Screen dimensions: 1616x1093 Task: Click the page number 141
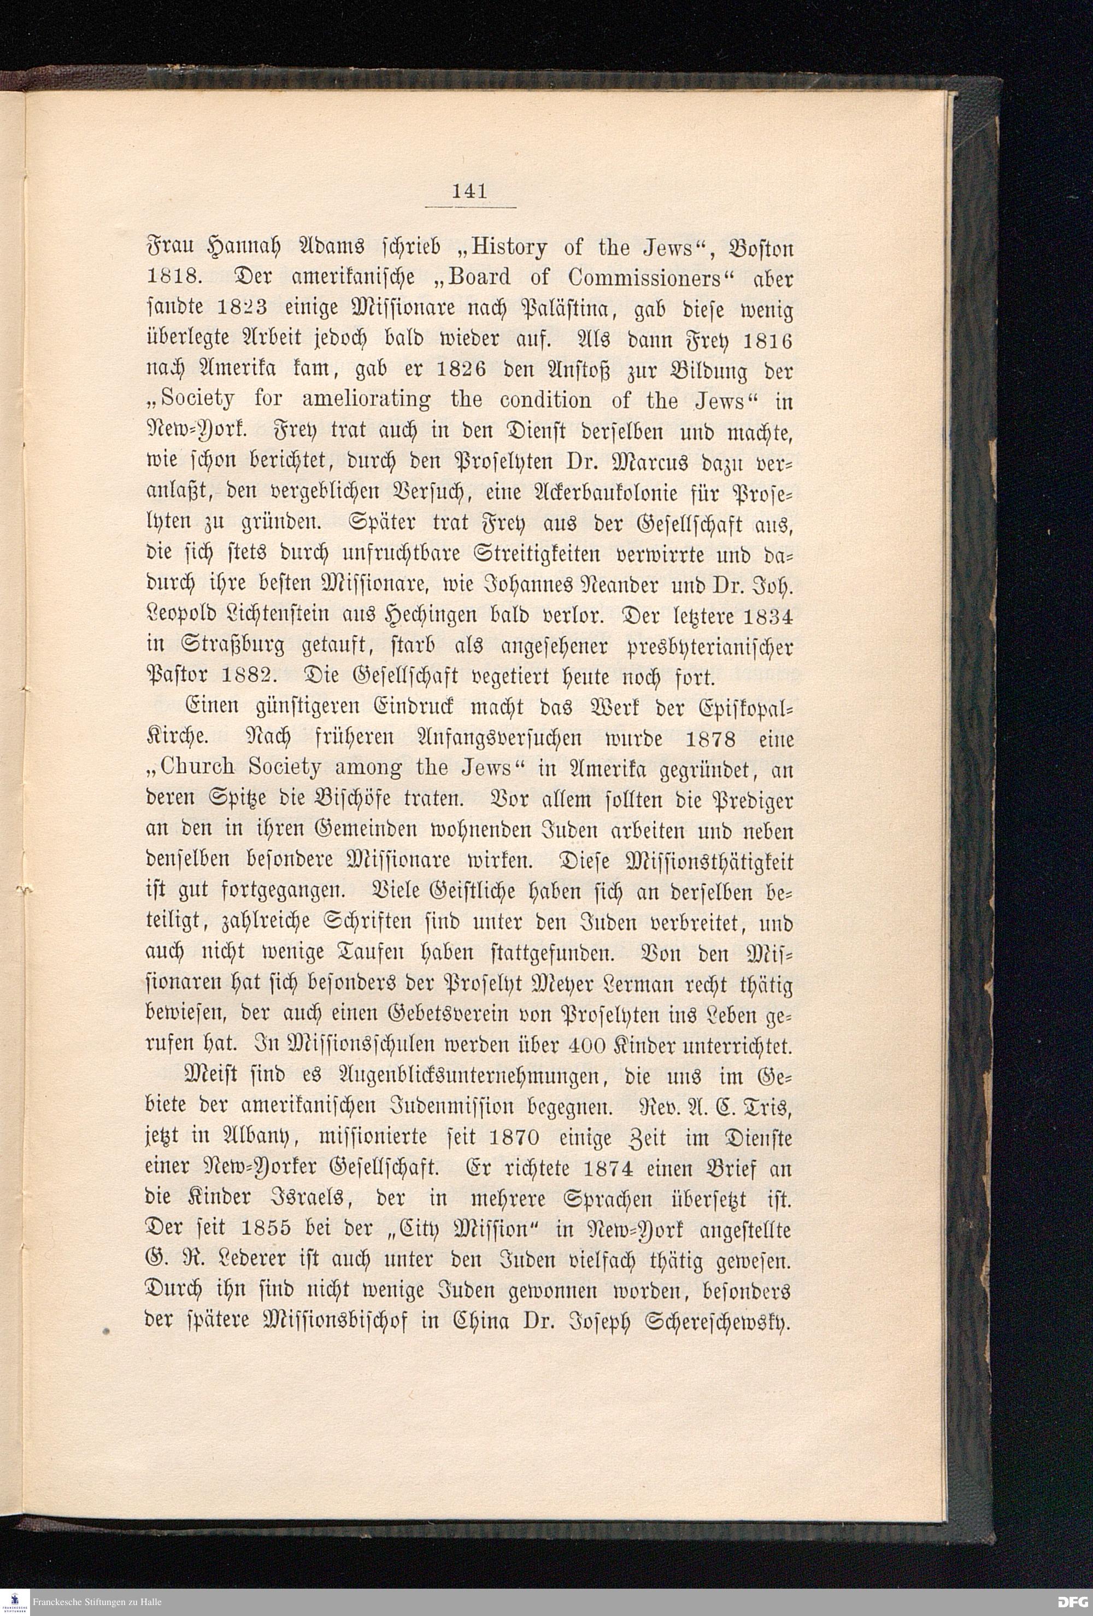pyautogui.click(x=469, y=191)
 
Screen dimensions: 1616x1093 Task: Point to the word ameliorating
pyautogui.click(x=366, y=401)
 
